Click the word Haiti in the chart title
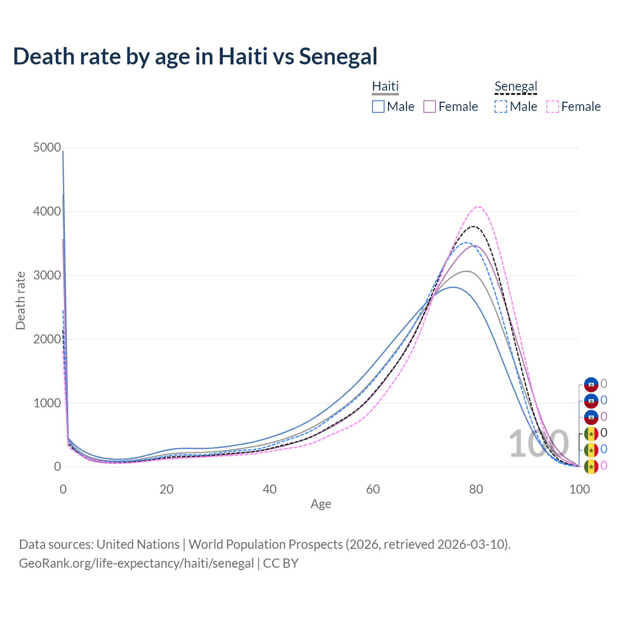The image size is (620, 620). click(243, 56)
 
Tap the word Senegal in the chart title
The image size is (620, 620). click(338, 56)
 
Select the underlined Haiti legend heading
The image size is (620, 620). click(385, 86)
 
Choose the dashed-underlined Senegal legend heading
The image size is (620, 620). click(516, 86)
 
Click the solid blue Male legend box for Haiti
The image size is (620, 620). click(378, 107)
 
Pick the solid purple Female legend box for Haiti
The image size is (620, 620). click(430, 107)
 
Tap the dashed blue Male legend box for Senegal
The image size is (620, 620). click(501, 107)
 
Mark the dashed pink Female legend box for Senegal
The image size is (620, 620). click(553, 107)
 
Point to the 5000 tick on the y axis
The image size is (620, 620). click(47, 147)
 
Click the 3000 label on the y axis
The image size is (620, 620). click(47, 275)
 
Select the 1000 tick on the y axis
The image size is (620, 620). click(47, 403)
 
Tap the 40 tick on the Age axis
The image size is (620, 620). click(270, 489)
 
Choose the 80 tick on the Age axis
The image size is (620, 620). click(476, 489)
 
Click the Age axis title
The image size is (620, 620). click(321, 504)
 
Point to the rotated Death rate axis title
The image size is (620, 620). click(20, 300)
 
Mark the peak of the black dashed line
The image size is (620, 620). click(473, 226)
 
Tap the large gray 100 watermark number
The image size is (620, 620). click(539, 444)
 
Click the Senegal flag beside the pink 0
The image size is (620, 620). click(591, 466)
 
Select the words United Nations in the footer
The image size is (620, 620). click(138, 544)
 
